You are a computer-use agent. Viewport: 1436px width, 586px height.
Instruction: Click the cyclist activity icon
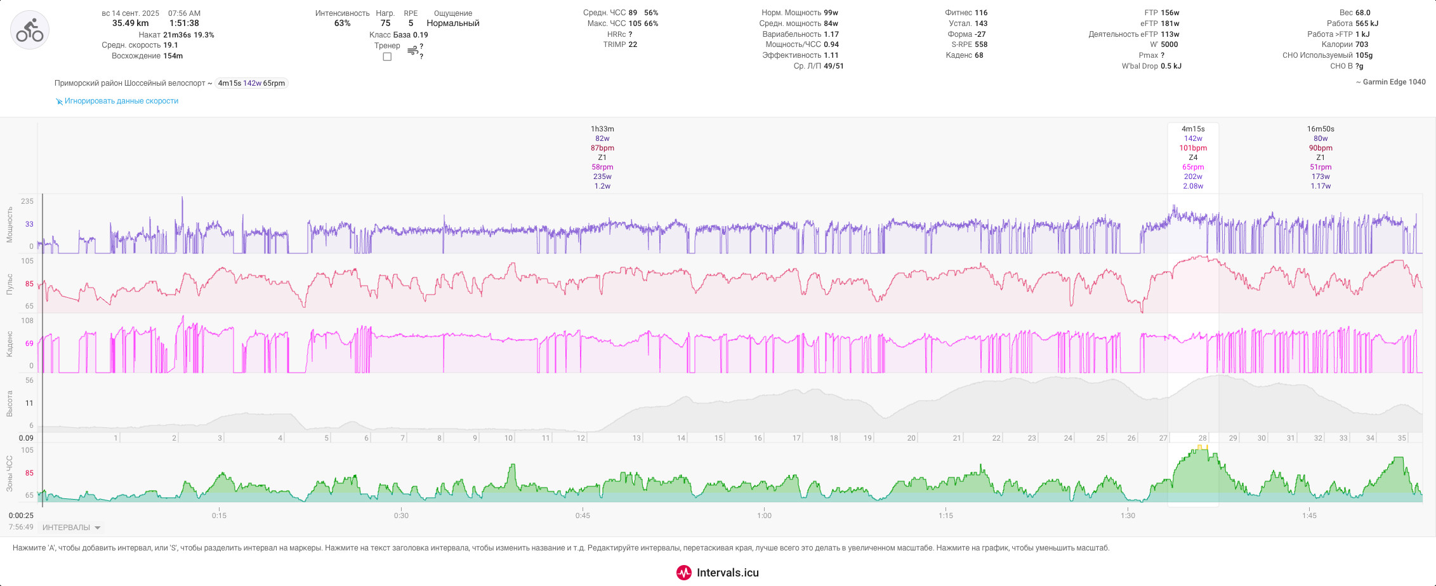(x=30, y=30)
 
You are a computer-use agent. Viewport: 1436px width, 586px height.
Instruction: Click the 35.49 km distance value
(x=131, y=23)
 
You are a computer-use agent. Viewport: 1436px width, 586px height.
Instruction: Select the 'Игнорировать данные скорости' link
(x=121, y=101)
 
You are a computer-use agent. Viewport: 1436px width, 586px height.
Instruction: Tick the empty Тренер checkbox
(x=387, y=57)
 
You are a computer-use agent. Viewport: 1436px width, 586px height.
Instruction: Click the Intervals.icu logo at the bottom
(x=718, y=573)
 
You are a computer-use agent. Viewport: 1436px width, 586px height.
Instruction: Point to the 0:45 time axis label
(x=583, y=516)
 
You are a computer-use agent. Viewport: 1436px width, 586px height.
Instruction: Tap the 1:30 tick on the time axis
(x=1128, y=516)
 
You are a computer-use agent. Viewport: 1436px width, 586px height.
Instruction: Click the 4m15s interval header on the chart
(x=1193, y=129)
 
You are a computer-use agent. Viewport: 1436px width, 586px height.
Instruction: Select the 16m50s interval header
(x=1321, y=129)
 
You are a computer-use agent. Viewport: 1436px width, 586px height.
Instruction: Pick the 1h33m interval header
(x=602, y=129)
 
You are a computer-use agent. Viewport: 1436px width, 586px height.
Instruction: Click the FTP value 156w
(x=1170, y=13)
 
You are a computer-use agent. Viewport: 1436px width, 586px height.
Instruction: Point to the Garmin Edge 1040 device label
(x=1394, y=82)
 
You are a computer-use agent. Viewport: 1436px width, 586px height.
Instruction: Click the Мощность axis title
(x=10, y=224)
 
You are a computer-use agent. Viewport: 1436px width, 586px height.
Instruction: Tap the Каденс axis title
(x=10, y=343)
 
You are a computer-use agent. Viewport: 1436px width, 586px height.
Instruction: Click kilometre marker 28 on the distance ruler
(x=1202, y=438)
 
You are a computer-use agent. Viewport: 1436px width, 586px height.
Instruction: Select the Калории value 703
(x=1362, y=44)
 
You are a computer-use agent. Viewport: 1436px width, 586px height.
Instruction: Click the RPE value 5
(x=411, y=23)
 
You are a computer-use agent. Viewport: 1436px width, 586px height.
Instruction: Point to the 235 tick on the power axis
(x=27, y=201)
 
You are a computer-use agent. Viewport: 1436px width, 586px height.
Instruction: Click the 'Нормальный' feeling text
(x=453, y=23)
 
